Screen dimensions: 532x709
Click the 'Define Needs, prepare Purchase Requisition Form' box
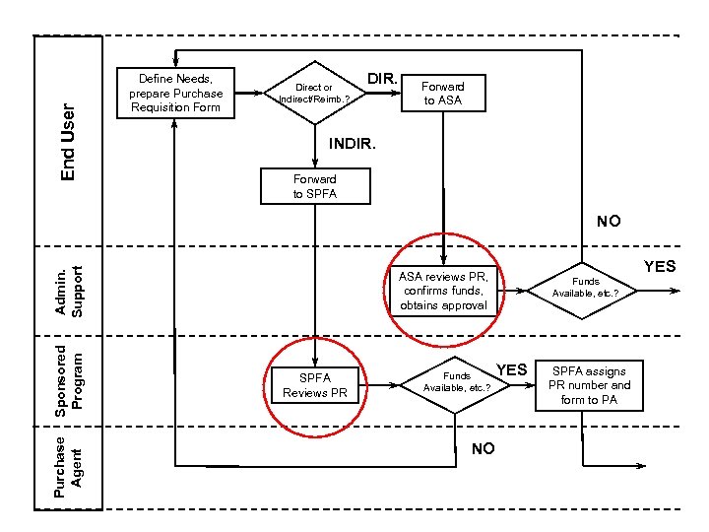point(175,94)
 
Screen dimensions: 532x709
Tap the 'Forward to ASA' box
point(443,94)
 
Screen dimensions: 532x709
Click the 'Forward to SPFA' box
point(314,185)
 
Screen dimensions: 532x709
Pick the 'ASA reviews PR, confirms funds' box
point(443,290)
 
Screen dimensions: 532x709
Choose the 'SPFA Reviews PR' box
point(315,385)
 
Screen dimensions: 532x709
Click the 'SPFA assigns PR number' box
point(589,385)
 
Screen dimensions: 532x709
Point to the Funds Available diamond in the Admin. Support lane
point(585,288)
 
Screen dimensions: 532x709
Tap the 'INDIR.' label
point(351,144)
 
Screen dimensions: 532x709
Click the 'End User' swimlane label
point(68,143)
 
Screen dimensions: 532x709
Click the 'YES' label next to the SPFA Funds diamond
point(512,369)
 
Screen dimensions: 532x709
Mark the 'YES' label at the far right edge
point(660,266)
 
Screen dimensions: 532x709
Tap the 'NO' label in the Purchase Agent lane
point(483,449)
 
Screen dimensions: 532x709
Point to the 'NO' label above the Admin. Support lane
point(608,221)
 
